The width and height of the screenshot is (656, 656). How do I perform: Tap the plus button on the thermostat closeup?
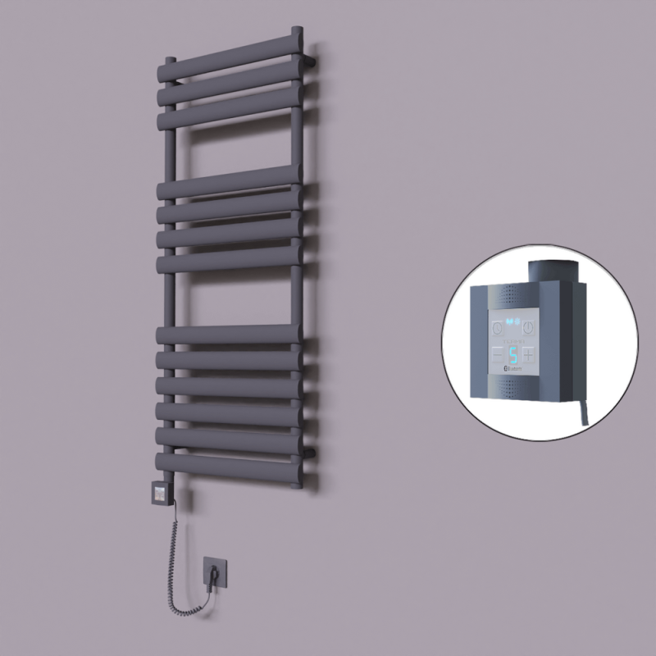click(x=527, y=355)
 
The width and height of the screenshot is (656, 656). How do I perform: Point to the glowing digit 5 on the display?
click(x=512, y=355)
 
